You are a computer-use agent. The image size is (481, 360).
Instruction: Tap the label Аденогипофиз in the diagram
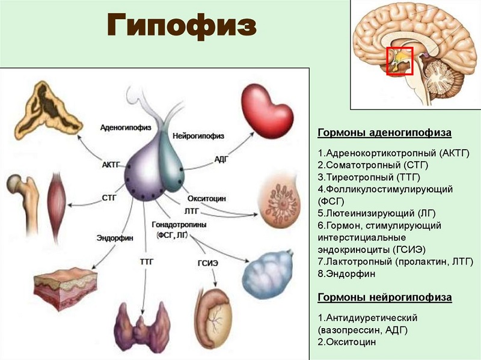coord(125,127)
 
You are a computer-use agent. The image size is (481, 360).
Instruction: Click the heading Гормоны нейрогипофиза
coord(384,297)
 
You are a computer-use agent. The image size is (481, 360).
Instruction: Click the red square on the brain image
coord(399,61)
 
